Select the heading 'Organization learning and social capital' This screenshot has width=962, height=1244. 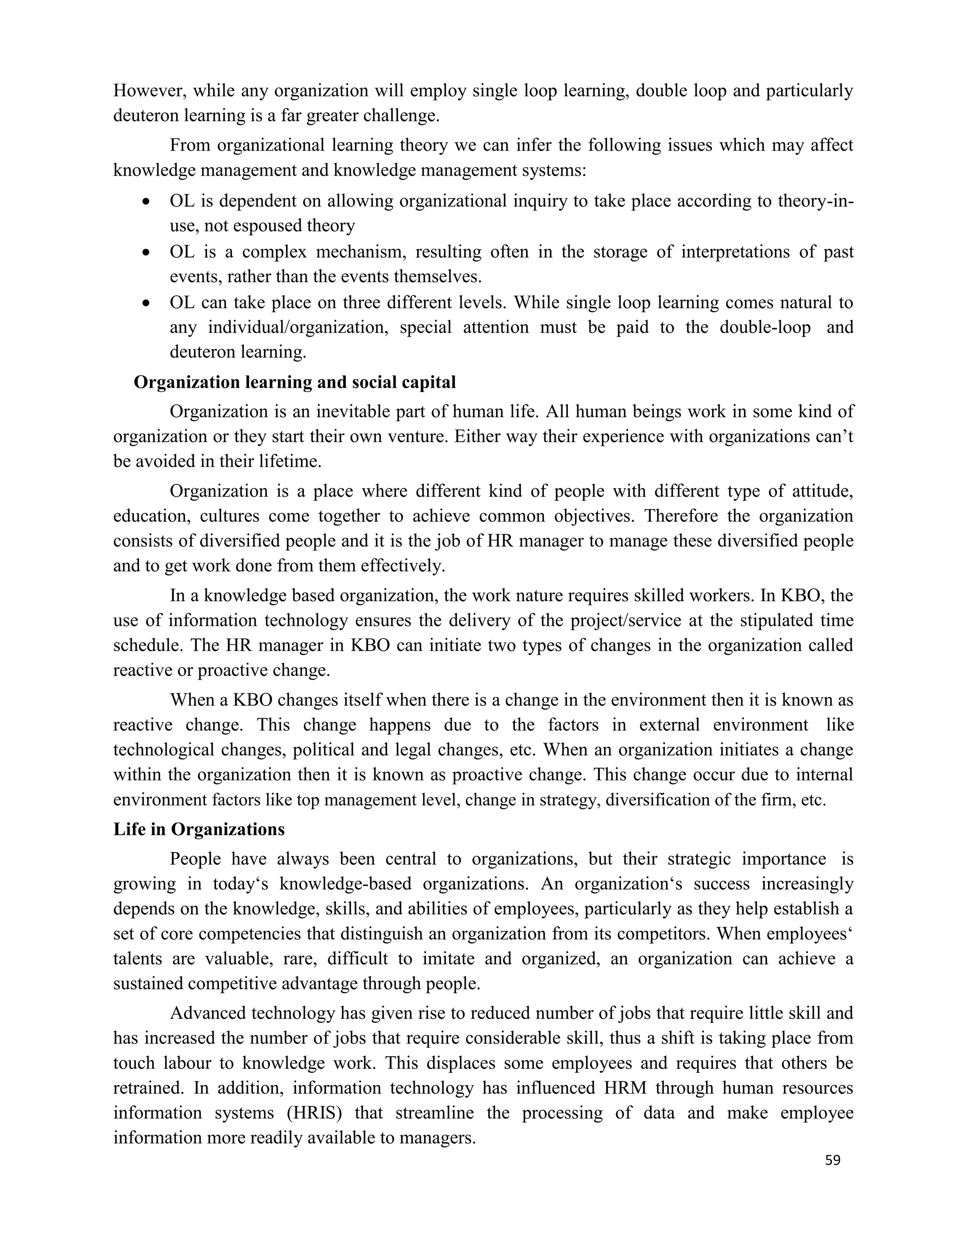(295, 382)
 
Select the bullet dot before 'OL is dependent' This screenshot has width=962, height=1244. (147, 202)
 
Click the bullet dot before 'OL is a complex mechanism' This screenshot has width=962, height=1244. (147, 253)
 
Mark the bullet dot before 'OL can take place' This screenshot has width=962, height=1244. (147, 304)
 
